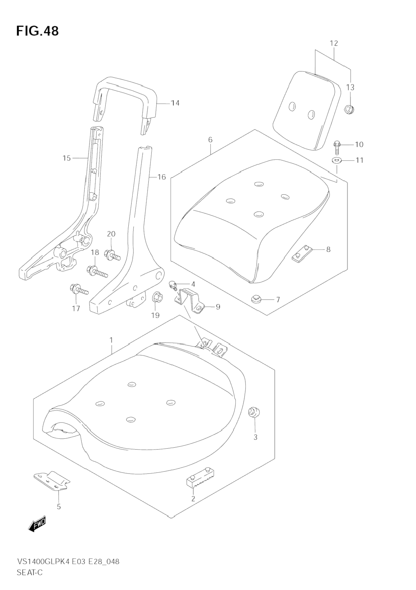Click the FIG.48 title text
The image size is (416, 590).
37,31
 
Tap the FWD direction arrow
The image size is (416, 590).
37,524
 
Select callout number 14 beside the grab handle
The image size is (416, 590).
175,103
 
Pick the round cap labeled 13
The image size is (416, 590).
349,109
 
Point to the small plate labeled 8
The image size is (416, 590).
302,254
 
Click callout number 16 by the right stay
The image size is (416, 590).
161,177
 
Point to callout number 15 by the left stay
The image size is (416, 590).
67,158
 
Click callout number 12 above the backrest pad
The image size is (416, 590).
334,43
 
